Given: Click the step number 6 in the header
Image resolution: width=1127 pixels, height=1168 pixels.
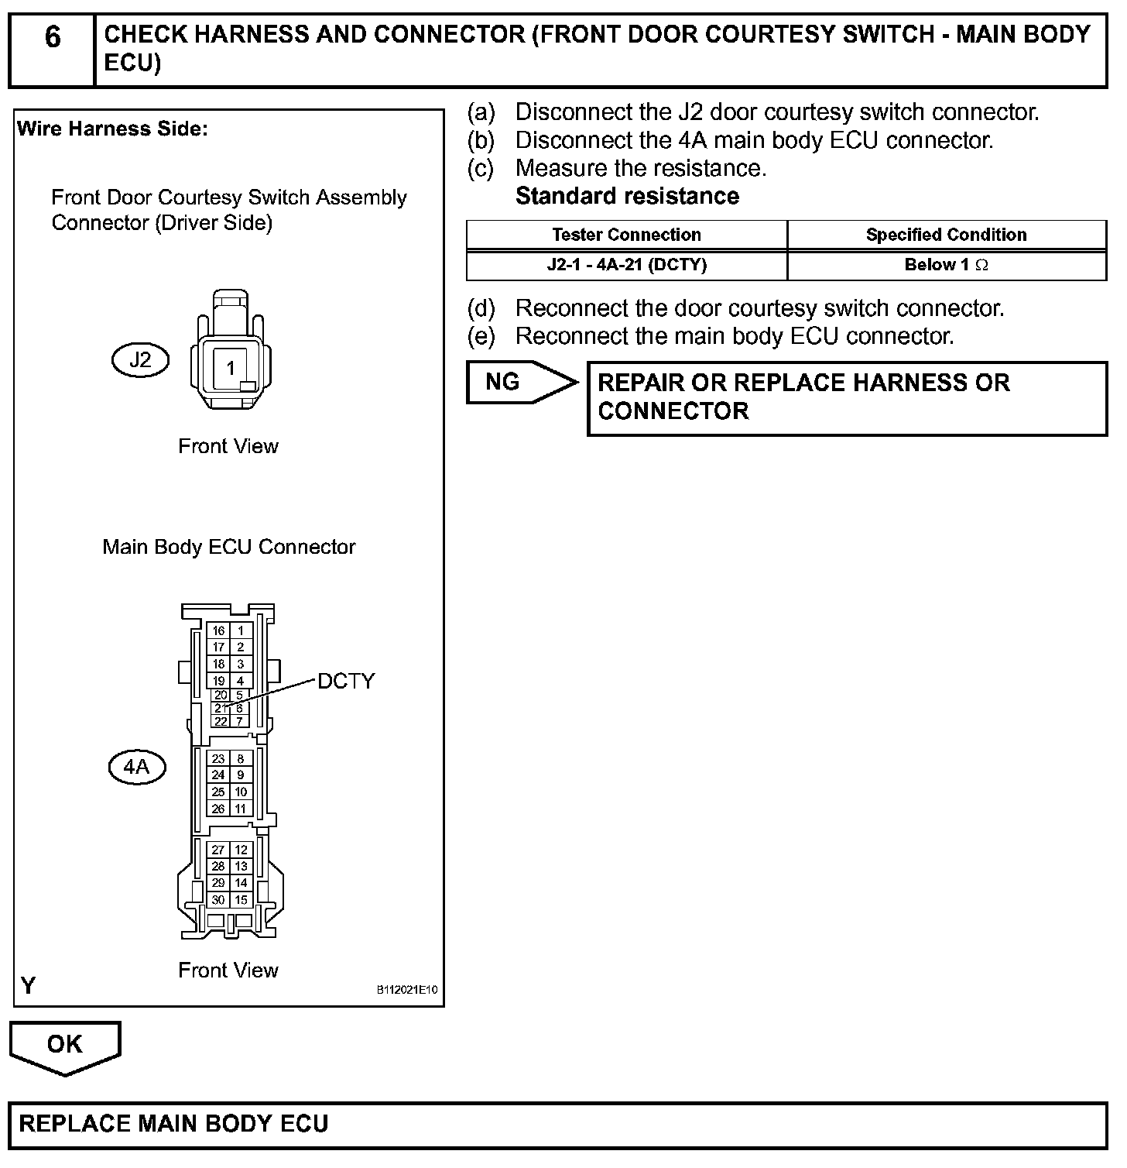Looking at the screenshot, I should (x=52, y=37).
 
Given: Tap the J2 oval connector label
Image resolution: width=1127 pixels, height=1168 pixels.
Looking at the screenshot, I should (x=140, y=360).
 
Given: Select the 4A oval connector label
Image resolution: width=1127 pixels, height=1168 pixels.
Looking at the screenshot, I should (x=136, y=768).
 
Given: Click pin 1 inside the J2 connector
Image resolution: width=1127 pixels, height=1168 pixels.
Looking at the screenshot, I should (x=230, y=368).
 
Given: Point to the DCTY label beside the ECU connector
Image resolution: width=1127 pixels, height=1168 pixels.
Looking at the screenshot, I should (x=346, y=681).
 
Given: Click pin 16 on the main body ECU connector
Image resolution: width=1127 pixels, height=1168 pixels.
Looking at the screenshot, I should (x=218, y=630).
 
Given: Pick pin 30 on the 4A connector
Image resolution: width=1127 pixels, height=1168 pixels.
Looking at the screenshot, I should (x=218, y=899).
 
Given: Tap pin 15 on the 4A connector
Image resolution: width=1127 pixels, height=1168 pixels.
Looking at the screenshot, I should (x=241, y=899).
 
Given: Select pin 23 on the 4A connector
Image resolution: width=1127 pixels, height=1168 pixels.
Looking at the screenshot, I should (x=218, y=759).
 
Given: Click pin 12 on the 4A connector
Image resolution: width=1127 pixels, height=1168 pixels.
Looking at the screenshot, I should (x=241, y=850).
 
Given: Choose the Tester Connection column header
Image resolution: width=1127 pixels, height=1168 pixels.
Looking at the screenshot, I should (x=626, y=235).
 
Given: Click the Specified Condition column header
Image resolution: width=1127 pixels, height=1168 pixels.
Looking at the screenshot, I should (x=946, y=235).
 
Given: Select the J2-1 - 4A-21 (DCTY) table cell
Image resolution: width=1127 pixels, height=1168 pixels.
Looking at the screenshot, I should (x=626, y=265).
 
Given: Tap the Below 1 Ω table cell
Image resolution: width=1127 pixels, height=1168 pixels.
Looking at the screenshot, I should (x=946, y=265).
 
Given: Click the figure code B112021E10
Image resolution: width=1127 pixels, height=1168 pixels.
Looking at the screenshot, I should (x=407, y=990).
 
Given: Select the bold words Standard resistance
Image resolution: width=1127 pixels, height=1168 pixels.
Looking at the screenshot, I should (x=627, y=196).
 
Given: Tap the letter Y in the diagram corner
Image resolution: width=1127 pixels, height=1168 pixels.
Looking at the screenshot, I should (x=29, y=985).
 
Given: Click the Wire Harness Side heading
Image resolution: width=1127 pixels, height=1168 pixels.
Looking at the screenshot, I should (x=112, y=129).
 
